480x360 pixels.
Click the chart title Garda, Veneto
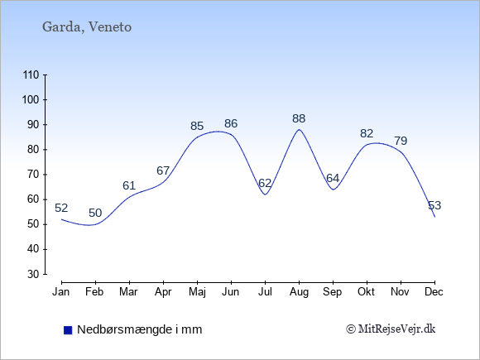point(87,27)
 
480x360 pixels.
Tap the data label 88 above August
point(299,118)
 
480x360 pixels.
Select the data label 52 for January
point(61,209)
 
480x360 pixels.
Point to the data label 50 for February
point(95,213)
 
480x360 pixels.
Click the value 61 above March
point(129,185)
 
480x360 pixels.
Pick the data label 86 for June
point(231,123)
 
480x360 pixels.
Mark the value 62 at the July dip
point(265,183)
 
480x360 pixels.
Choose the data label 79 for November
point(401,141)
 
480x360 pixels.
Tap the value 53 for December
point(434,205)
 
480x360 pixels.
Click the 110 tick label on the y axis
point(31,75)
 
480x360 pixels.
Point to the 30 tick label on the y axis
point(33,274)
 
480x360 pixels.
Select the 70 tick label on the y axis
point(33,175)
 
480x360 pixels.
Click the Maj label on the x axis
point(197,292)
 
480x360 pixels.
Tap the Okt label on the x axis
point(367,292)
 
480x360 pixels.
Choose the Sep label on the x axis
point(333,292)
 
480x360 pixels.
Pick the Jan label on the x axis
point(61,292)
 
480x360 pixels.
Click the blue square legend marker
point(68,330)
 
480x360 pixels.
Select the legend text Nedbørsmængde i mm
point(140,329)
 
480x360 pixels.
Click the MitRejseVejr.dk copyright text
point(391,329)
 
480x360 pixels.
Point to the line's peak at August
point(299,129)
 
